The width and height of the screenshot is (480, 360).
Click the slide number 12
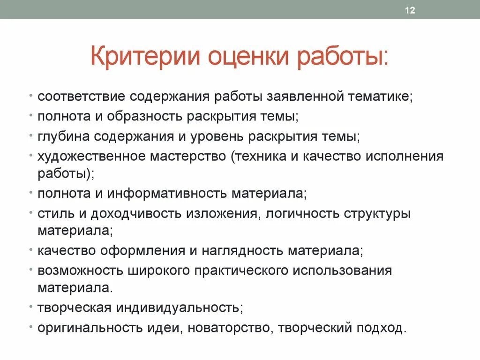[410, 11]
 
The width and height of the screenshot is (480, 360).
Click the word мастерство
[188, 156]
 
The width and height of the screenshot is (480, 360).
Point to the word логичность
[303, 213]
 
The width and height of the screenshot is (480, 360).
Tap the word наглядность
[242, 250]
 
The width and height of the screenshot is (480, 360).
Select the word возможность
[77, 270]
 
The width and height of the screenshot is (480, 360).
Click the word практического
[234, 270]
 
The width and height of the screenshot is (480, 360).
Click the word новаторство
[228, 328]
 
